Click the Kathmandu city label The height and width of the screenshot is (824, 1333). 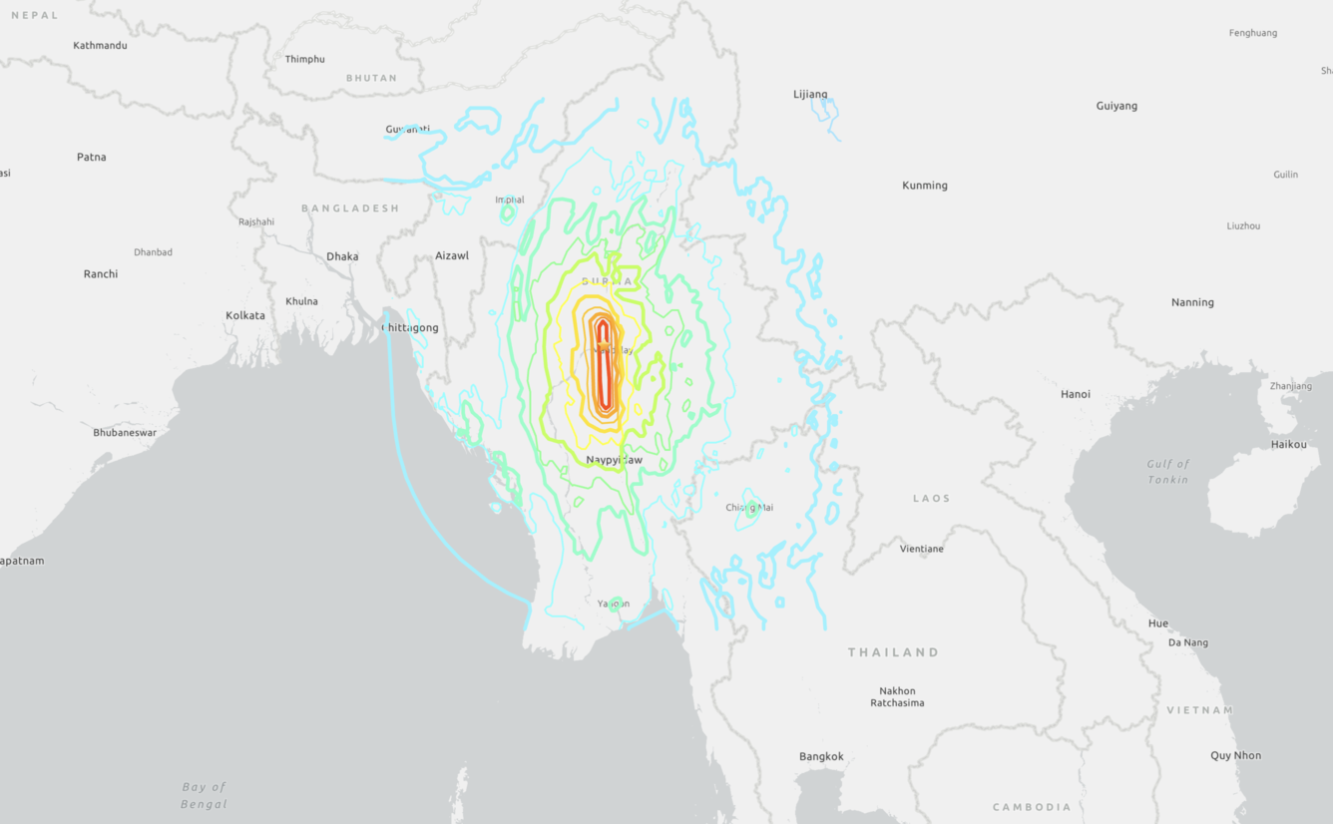click(x=100, y=45)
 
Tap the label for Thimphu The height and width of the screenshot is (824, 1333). click(x=304, y=59)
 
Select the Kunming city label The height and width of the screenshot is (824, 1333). click(x=924, y=186)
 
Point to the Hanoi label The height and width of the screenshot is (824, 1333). click(x=1075, y=394)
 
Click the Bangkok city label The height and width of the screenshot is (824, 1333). click(x=821, y=756)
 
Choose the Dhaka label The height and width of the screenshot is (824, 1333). click(x=342, y=256)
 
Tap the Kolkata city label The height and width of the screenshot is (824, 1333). click(x=245, y=315)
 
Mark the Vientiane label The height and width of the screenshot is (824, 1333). click(x=921, y=549)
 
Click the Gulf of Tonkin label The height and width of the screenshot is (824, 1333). click(x=1167, y=472)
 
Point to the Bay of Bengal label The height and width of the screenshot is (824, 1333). click(x=204, y=795)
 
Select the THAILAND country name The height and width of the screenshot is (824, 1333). click(x=893, y=652)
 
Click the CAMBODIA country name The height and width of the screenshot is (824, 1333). click(x=1032, y=807)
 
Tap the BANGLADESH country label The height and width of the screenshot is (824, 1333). click(x=350, y=208)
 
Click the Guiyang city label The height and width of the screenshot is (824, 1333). click(x=1115, y=106)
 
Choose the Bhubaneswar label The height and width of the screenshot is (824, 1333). click(x=125, y=433)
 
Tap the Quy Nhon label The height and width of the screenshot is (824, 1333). click(x=1235, y=755)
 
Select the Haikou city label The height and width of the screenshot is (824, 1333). click(x=1288, y=444)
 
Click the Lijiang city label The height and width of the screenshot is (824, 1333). click(x=810, y=95)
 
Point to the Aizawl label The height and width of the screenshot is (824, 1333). click(x=451, y=256)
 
